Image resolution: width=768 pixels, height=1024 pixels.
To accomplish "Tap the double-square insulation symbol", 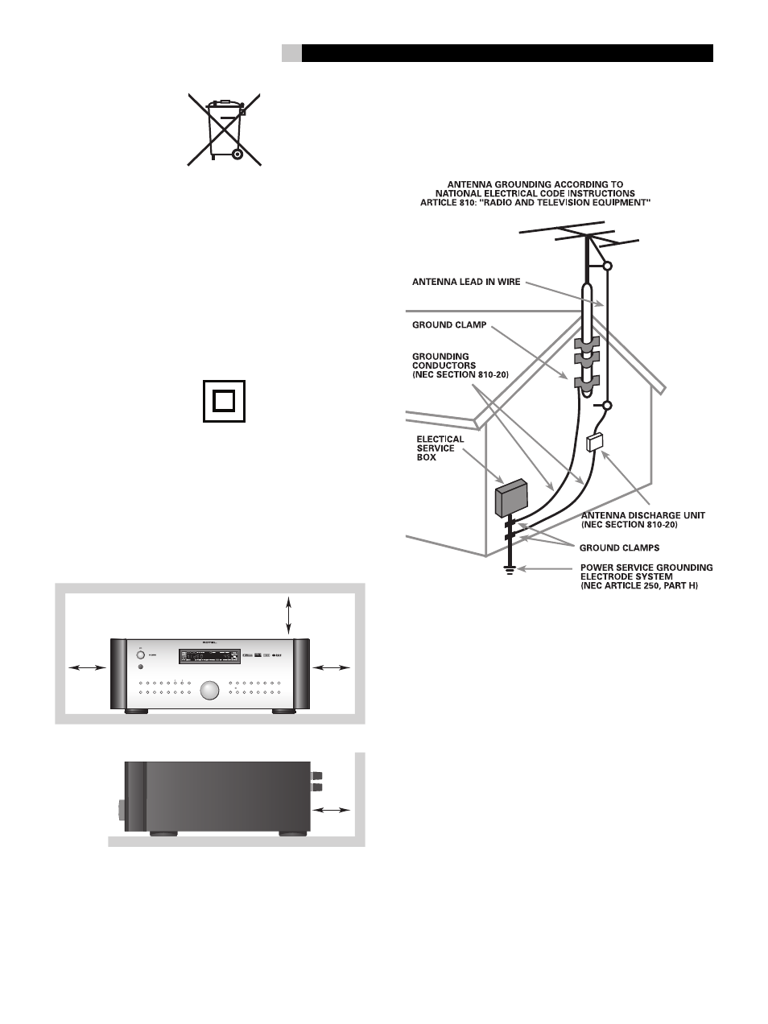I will tap(224, 400).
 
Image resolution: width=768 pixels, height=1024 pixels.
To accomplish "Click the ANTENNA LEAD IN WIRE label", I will tap(466, 282).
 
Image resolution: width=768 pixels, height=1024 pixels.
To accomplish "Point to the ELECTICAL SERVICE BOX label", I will tap(440, 448).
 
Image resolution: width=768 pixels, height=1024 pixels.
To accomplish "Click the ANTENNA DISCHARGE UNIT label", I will tap(642, 520).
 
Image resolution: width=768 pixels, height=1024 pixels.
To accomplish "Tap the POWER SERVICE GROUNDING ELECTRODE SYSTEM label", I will tap(646, 576).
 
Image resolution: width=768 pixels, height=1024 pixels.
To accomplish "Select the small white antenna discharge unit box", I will tap(597, 441).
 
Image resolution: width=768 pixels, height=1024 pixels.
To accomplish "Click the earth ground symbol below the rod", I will tap(509, 571).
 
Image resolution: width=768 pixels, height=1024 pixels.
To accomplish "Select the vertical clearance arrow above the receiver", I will tap(289, 615).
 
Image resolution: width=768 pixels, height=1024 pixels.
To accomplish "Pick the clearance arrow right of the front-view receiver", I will tap(331, 667).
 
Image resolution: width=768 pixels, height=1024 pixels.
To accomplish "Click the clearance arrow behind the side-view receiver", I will tap(332, 809).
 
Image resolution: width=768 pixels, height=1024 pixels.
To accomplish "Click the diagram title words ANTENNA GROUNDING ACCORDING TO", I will tap(535, 184).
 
